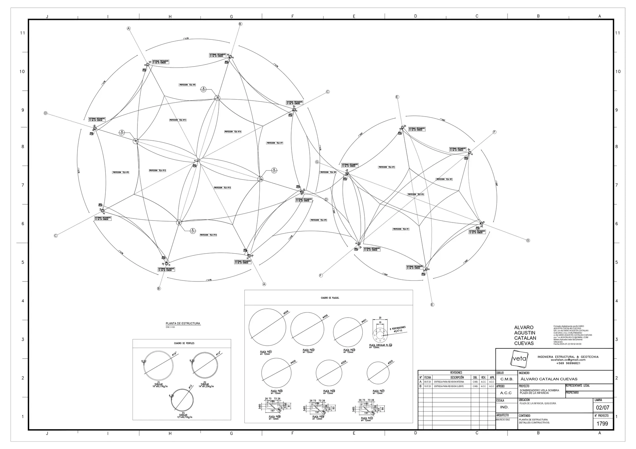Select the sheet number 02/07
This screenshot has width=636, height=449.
[x=603, y=408]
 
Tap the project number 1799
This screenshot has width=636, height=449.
[x=602, y=424]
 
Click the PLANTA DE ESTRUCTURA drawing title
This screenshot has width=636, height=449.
[x=183, y=324]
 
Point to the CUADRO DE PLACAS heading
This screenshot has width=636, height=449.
[x=330, y=298]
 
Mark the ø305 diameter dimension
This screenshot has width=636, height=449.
[x=390, y=363]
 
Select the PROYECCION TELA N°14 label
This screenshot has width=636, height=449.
[x=233, y=132]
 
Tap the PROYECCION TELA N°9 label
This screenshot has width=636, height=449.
[x=121, y=173]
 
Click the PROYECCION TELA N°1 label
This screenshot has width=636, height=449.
[x=401, y=229]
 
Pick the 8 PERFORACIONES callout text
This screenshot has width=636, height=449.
[x=397, y=329]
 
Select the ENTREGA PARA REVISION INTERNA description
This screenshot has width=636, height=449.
[x=449, y=382]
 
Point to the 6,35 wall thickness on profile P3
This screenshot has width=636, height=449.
[x=171, y=396]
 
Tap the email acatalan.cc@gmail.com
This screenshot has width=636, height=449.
[x=568, y=360]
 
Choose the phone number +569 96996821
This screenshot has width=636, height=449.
[x=568, y=363]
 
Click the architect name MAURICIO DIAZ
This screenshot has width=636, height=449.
[x=503, y=420]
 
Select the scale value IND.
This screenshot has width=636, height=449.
[x=504, y=407]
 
